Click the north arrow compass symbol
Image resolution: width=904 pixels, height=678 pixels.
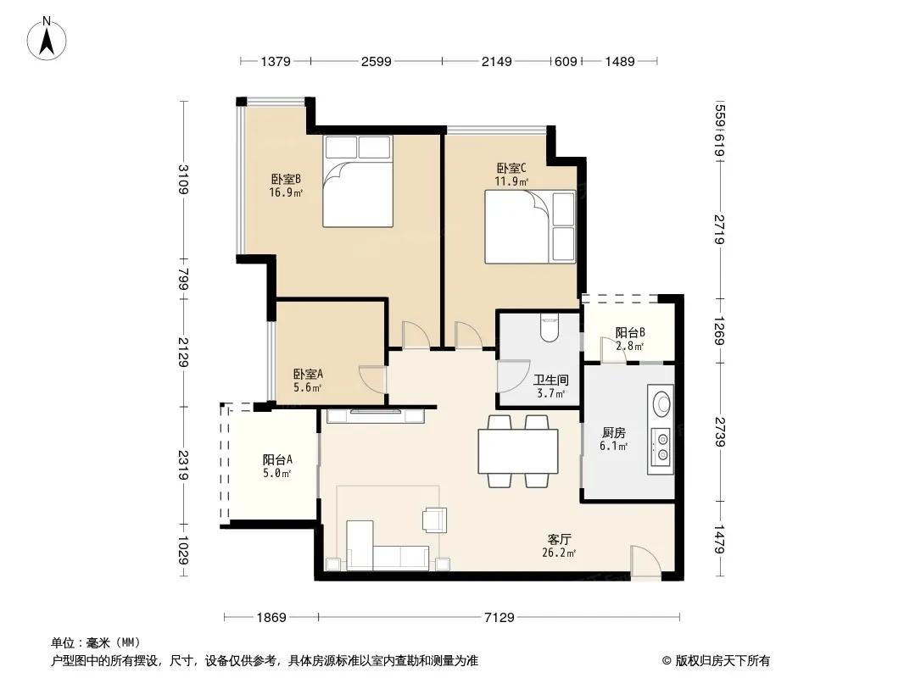(x=47, y=39)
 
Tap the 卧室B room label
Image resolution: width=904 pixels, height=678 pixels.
(x=286, y=179)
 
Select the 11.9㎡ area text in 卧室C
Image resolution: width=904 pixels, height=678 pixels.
(x=511, y=181)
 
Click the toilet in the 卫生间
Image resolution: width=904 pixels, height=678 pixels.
(x=549, y=326)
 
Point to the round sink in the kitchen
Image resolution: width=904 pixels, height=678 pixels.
(x=661, y=403)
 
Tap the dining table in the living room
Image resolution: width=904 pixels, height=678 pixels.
(x=518, y=451)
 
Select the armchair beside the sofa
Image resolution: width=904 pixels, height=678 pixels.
(x=434, y=520)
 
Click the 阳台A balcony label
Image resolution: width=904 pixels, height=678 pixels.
(x=277, y=459)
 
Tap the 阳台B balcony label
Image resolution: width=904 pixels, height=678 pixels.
(x=630, y=332)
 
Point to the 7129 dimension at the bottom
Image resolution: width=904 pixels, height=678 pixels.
(x=499, y=618)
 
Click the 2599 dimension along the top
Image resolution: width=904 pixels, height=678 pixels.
(x=376, y=61)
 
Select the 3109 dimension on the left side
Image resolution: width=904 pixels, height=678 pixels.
(x=183, y=179)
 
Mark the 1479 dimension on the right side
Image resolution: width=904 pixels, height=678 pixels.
(x=719, y=539)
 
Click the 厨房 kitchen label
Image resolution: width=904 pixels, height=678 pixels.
(x=613, y=432)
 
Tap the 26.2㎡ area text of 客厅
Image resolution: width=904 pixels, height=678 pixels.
(x=559, y=553)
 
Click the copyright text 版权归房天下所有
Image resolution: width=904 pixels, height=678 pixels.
(x=722, y=661)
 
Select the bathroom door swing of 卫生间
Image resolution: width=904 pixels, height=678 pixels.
(x=513, y=377)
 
